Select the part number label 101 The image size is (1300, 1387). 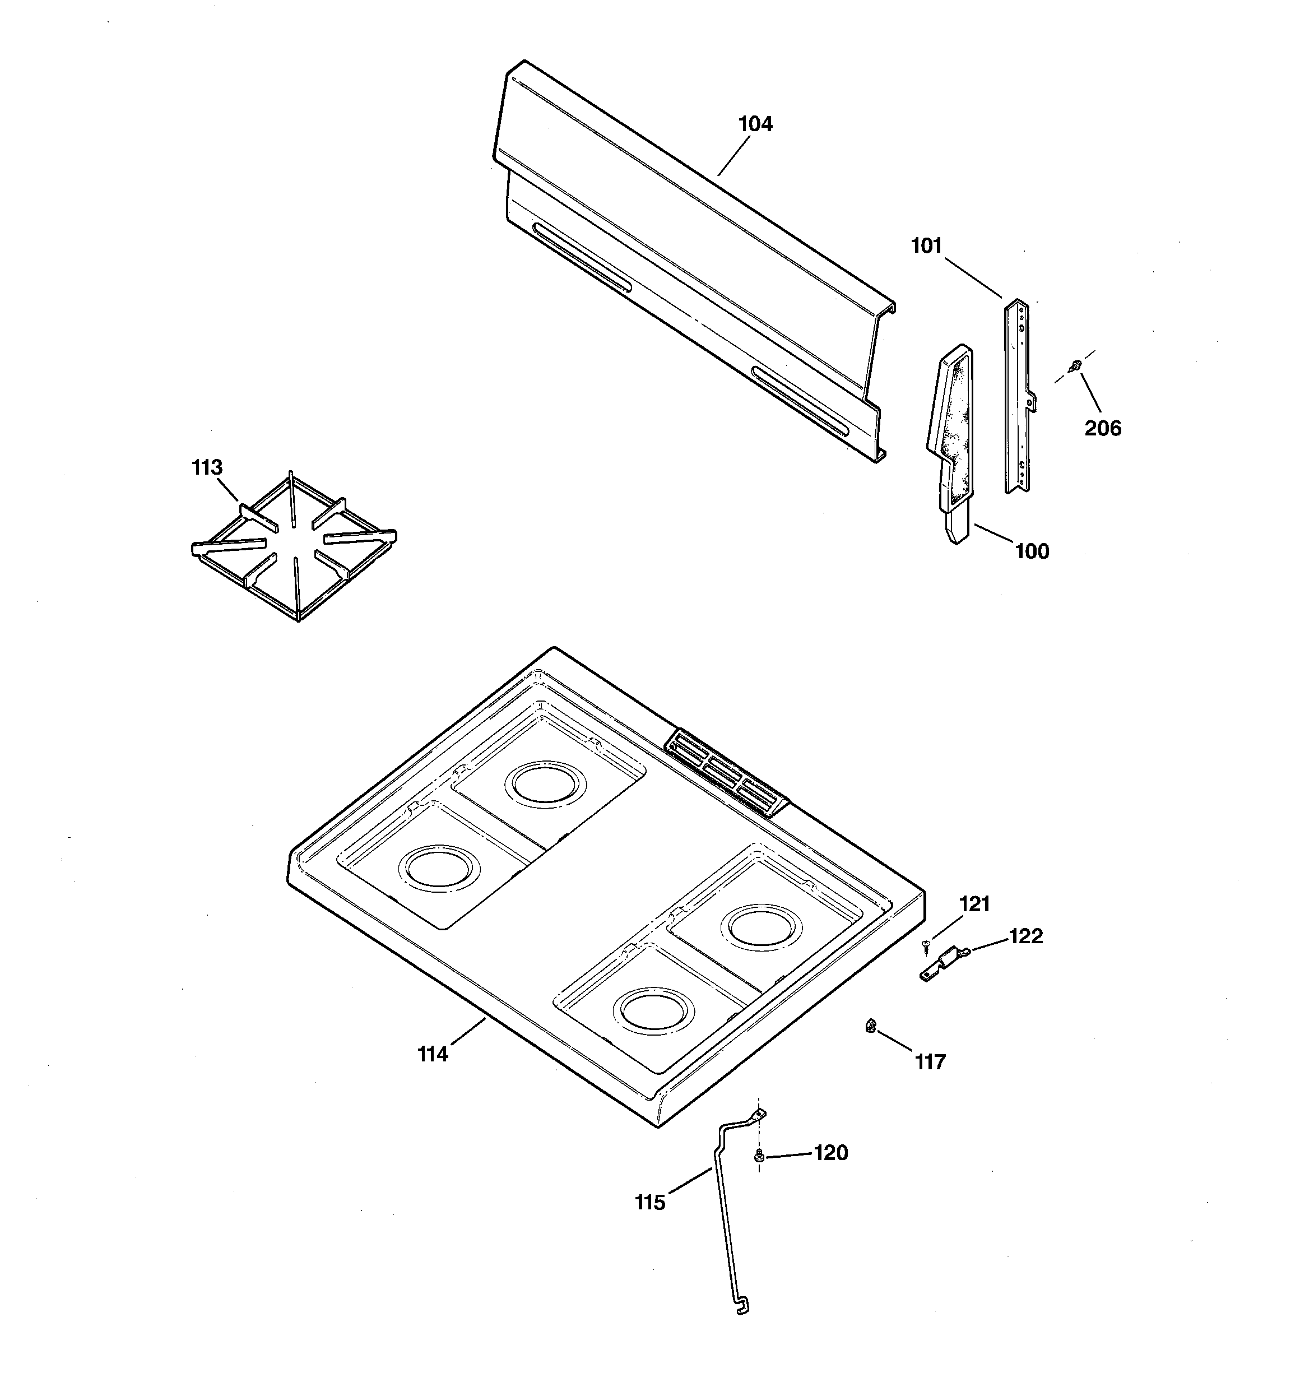(926, 245)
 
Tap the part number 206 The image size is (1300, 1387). (1103, 428)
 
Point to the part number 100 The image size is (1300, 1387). (1032, 551)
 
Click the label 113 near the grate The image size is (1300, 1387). (207, 467)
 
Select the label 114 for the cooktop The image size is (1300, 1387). (433, 1054)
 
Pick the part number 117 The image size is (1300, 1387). (930, 1062)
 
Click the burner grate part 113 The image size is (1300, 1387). (293, 548)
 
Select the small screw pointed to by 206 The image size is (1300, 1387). (1075, 364)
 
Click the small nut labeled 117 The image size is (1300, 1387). (870, 1025)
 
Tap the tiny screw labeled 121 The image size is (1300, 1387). (926, 945)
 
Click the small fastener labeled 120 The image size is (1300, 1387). (759, 1157)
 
